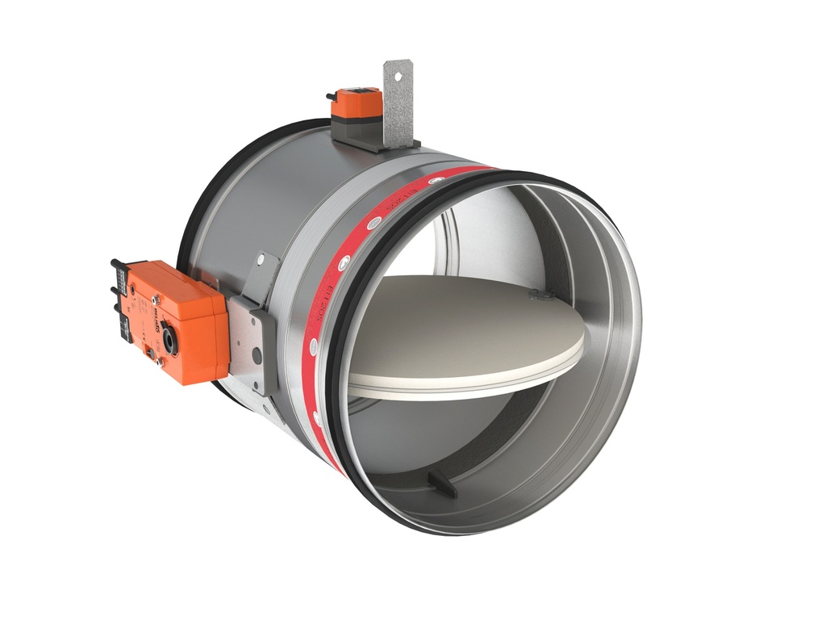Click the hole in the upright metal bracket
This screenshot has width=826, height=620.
[397, 81]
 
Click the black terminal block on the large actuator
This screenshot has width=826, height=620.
[120, 299]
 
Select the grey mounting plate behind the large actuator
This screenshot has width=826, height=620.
[250, 339]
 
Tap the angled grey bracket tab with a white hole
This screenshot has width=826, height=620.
[262, 274]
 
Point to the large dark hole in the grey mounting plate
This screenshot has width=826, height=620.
[257, 354]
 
